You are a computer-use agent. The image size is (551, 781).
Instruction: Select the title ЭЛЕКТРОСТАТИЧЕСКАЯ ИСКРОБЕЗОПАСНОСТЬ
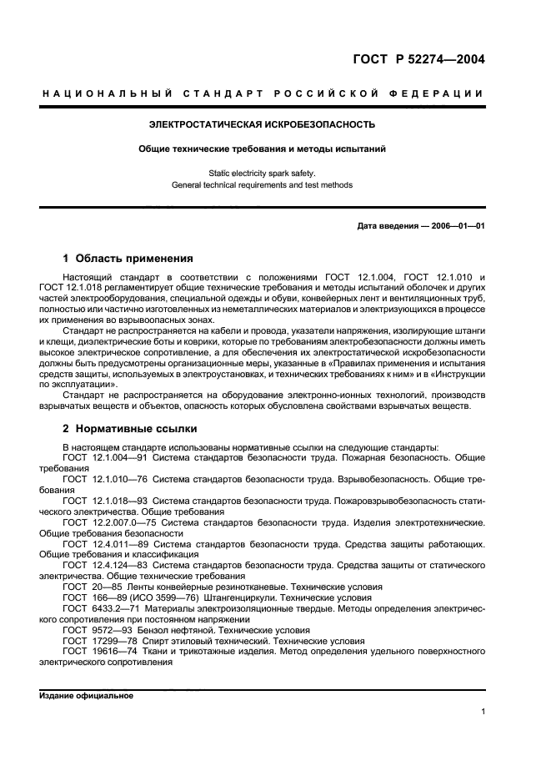[261, 124]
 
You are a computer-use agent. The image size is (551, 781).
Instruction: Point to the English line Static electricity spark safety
[261, 174]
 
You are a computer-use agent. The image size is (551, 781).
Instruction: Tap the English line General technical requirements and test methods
[261, 184]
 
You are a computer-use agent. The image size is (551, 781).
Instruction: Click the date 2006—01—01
[456, 226]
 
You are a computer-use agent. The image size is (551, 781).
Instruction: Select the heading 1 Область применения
[128, 258]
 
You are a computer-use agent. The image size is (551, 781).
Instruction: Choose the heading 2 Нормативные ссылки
[130, 429]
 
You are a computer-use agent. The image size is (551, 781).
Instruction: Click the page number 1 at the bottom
[483, 712]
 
